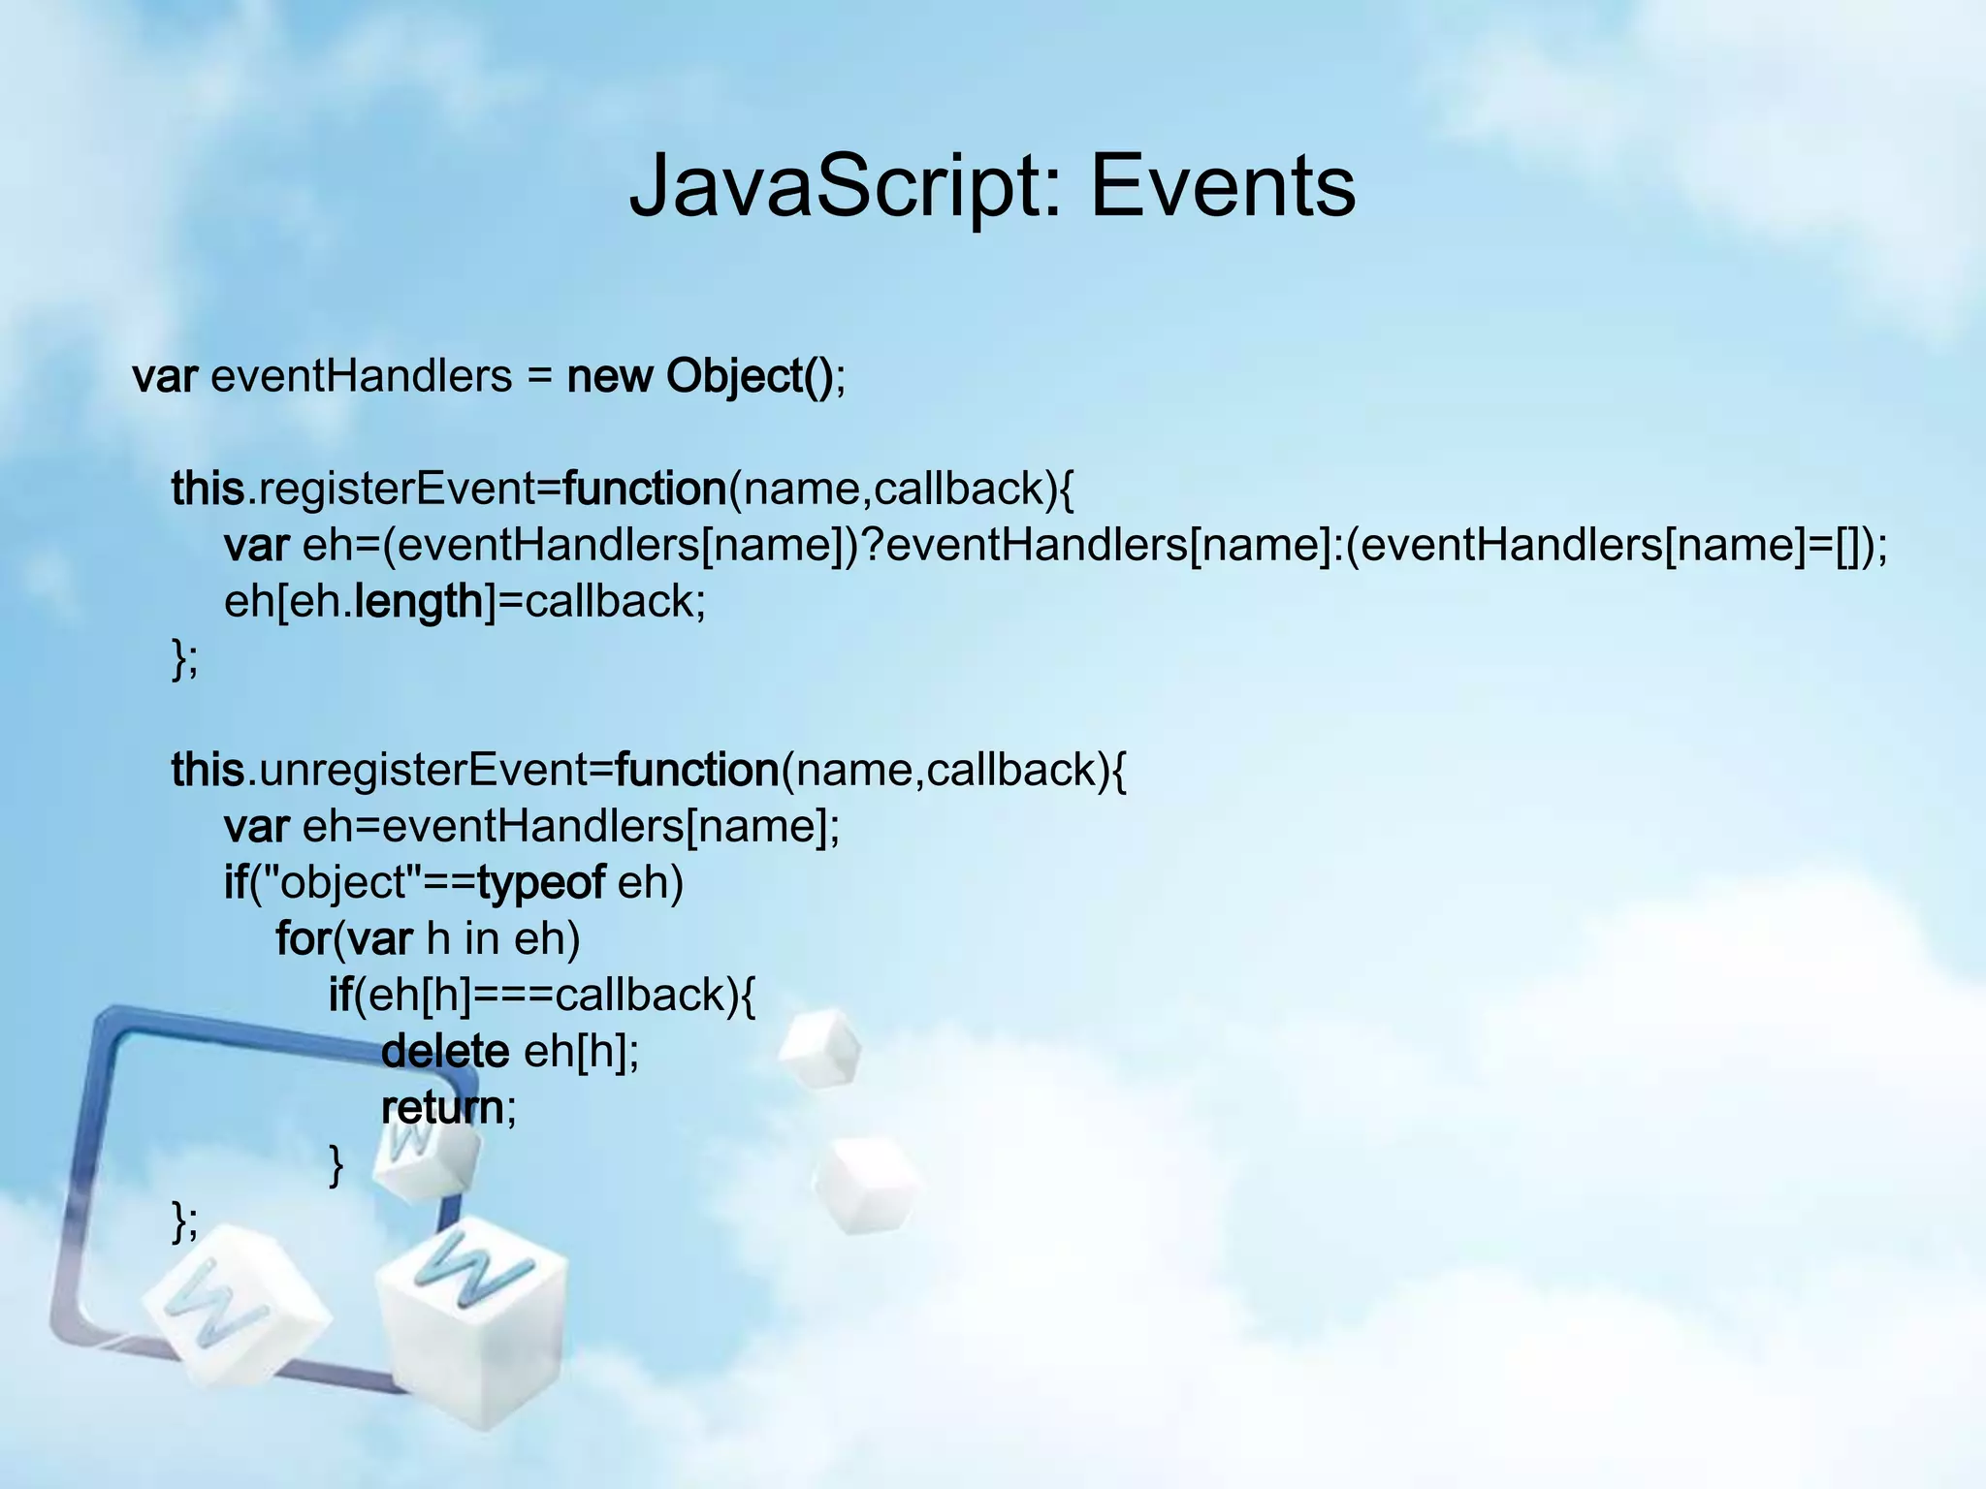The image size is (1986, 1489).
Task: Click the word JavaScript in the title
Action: click(x=839, y=186)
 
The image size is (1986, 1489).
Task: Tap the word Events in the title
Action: click(x=1223, y=186)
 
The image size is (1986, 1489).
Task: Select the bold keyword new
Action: click(x=609, y=376)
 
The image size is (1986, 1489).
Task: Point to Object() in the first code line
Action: click(x=749, y=376)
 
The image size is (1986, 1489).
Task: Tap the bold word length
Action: click(x=419, y=601)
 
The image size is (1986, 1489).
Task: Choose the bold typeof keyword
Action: click(x=541, y=882)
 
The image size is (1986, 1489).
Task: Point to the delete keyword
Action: click(x=445, y=1051)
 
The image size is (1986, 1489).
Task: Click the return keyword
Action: click(x=442, y=1107)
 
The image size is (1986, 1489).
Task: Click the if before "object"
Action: click(x=236, y=882)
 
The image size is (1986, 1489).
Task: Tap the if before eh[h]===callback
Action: click(x=340, y=995)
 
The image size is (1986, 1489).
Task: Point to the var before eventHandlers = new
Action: click(x=165, y=376)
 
